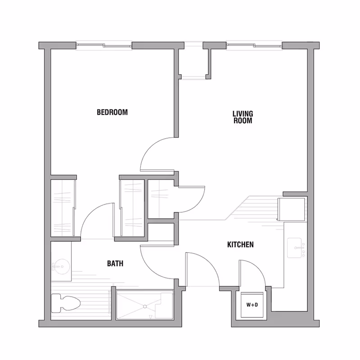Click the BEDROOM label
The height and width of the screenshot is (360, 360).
[112, 112]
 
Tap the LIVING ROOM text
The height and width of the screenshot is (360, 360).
[242, 117]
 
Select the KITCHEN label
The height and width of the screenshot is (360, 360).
[240, 245]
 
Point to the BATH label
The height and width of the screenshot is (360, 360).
[115, 264]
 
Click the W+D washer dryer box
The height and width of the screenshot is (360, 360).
[252, 305]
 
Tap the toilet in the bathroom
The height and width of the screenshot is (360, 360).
[65, 302]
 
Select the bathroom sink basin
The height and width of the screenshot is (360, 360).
[59, 266]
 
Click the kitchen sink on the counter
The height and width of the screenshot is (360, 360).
[297, 247]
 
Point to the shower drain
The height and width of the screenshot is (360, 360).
[145, 306]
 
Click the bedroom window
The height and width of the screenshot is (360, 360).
[104, 45]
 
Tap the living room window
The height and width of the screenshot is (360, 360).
[255, 45]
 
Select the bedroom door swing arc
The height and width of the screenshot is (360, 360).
[153, 155]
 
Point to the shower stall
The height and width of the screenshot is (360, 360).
[144, 305]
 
